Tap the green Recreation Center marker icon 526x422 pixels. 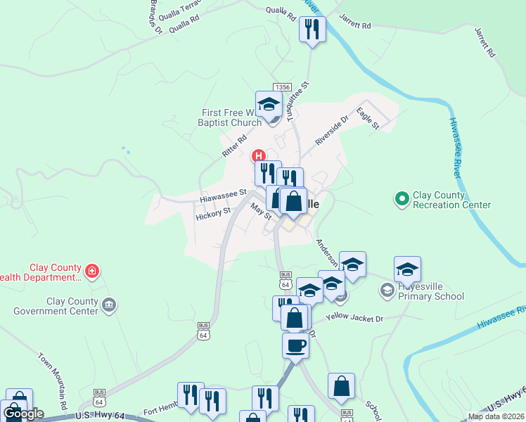(x=402, y=200)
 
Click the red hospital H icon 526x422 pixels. (x=259, y=155)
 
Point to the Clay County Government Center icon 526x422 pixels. (x=108, y=305)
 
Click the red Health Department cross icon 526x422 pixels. (x=91, y=271)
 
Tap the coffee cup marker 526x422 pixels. (x=295, y=346)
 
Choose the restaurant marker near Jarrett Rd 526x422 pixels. (x=312, y=30)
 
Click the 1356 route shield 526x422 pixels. (x=283, y=87)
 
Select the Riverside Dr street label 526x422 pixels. (x=331, y=131)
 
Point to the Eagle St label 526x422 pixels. (x=368, y=117)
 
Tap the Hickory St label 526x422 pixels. (x=213, y=212)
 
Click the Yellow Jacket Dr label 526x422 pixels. (x=355, y=319)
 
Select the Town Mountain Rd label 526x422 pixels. (x=53, y=381)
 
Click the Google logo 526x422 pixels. (x=23, y=414)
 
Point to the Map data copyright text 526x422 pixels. (x=496, y=416)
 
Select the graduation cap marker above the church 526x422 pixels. (x=268, y=105)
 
